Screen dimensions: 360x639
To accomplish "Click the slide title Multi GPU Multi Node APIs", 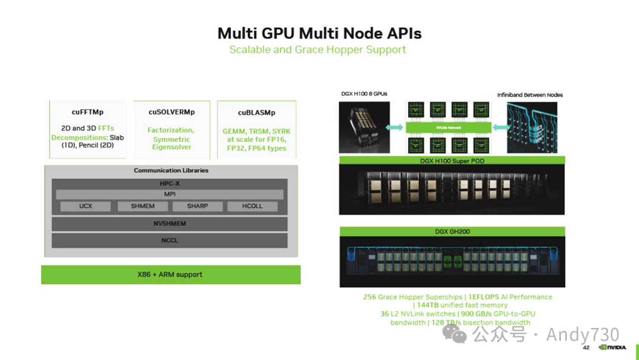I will (x=319, y=33).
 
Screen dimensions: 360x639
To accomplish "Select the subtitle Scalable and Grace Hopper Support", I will (x=318, y=50).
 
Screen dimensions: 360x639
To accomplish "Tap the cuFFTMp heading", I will (x=88, y=112).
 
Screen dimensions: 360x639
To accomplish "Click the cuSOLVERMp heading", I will (x=172, y=112).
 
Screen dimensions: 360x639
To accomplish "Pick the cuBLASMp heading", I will (x=256, y=112).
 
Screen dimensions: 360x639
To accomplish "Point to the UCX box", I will (x=86, y=206).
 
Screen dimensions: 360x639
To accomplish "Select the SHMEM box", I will (x=143, y=206).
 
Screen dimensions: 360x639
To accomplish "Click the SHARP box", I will (x=198, y=206).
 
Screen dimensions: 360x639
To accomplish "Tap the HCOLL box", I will (x=252, y=206).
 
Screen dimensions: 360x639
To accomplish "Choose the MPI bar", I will (x=169, y=194).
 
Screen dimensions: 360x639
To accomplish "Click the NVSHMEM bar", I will (x=169, y=224).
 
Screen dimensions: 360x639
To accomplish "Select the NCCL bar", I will (x=169, y=240).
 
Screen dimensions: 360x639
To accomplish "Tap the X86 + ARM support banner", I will (x=170, y=275).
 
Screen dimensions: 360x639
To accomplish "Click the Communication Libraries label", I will (x=171, y=171).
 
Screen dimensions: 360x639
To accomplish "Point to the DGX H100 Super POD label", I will (x=452, y=160).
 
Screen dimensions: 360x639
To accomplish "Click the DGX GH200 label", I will (x=452, y=232).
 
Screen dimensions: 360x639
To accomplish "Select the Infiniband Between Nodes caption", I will (x=530, y=95).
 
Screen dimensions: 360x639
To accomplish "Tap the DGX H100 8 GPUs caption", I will (x=364, y=94).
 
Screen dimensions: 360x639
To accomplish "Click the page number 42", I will (x=586, y=348).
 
